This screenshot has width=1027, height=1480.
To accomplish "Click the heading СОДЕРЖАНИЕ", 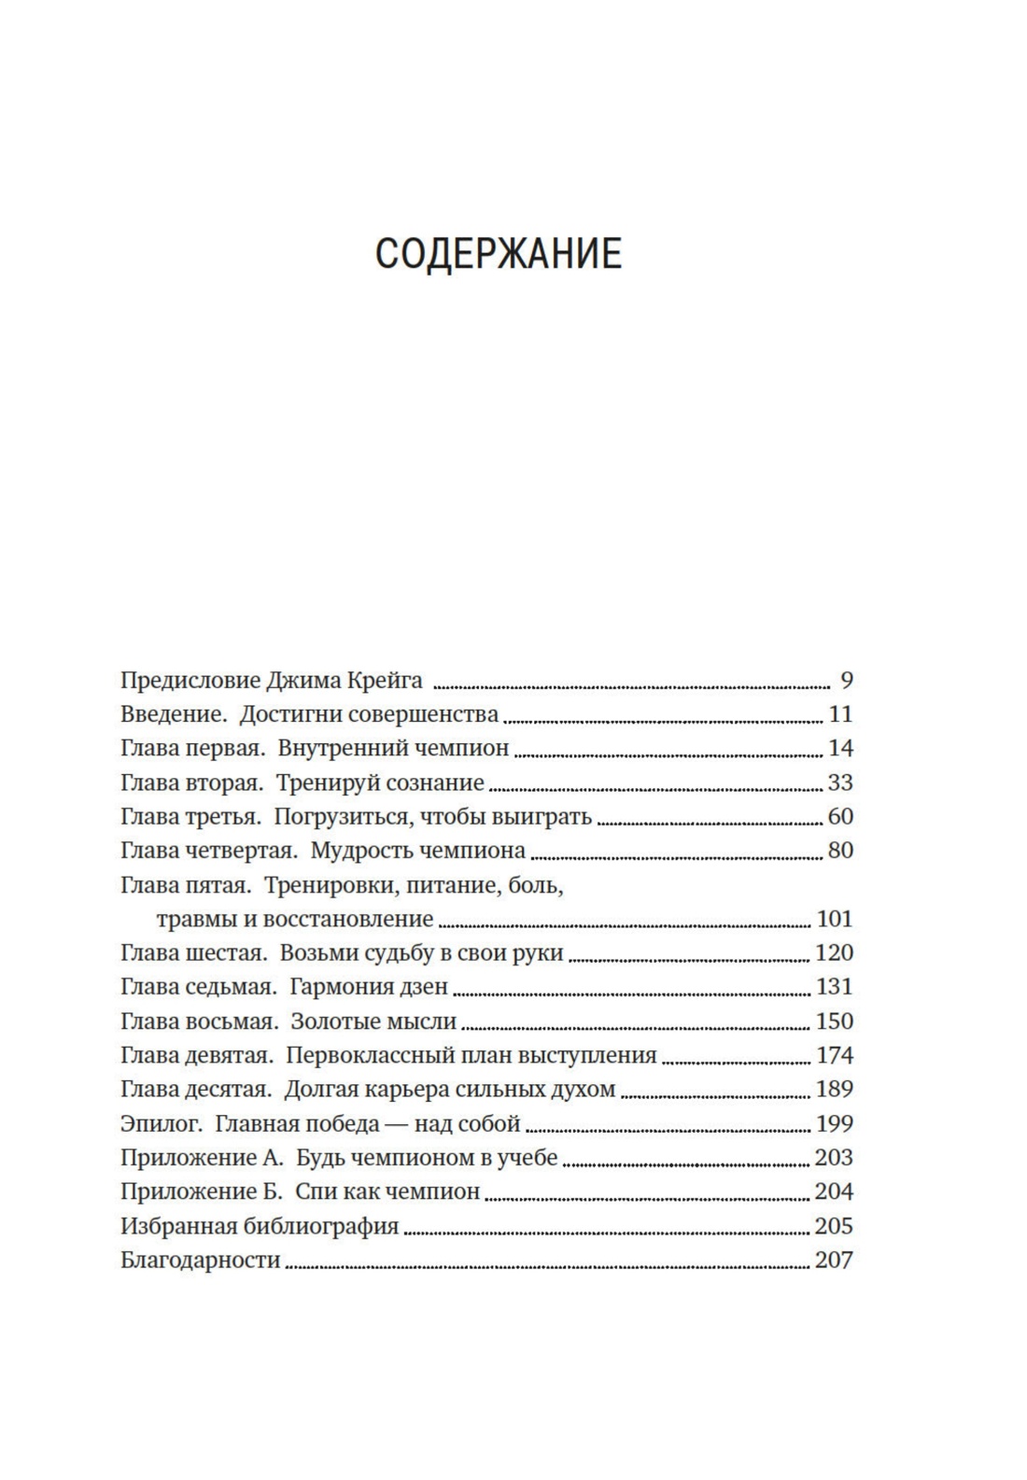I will pos(498,254).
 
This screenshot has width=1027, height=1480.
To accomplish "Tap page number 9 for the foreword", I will pos(846,681).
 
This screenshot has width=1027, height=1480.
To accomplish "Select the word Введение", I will pos(174,715).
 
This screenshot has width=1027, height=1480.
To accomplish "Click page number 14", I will pos(840,749).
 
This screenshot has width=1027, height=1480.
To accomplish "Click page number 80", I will pos(840,851).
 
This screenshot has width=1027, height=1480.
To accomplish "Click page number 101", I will pos(835,919).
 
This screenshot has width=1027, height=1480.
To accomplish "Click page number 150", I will pos(835,1022).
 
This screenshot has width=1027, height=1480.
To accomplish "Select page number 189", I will pos(835,1090).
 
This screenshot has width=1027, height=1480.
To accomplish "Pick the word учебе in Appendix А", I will pos(528,1158).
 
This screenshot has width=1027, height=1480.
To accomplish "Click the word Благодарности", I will pos(201,1261).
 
